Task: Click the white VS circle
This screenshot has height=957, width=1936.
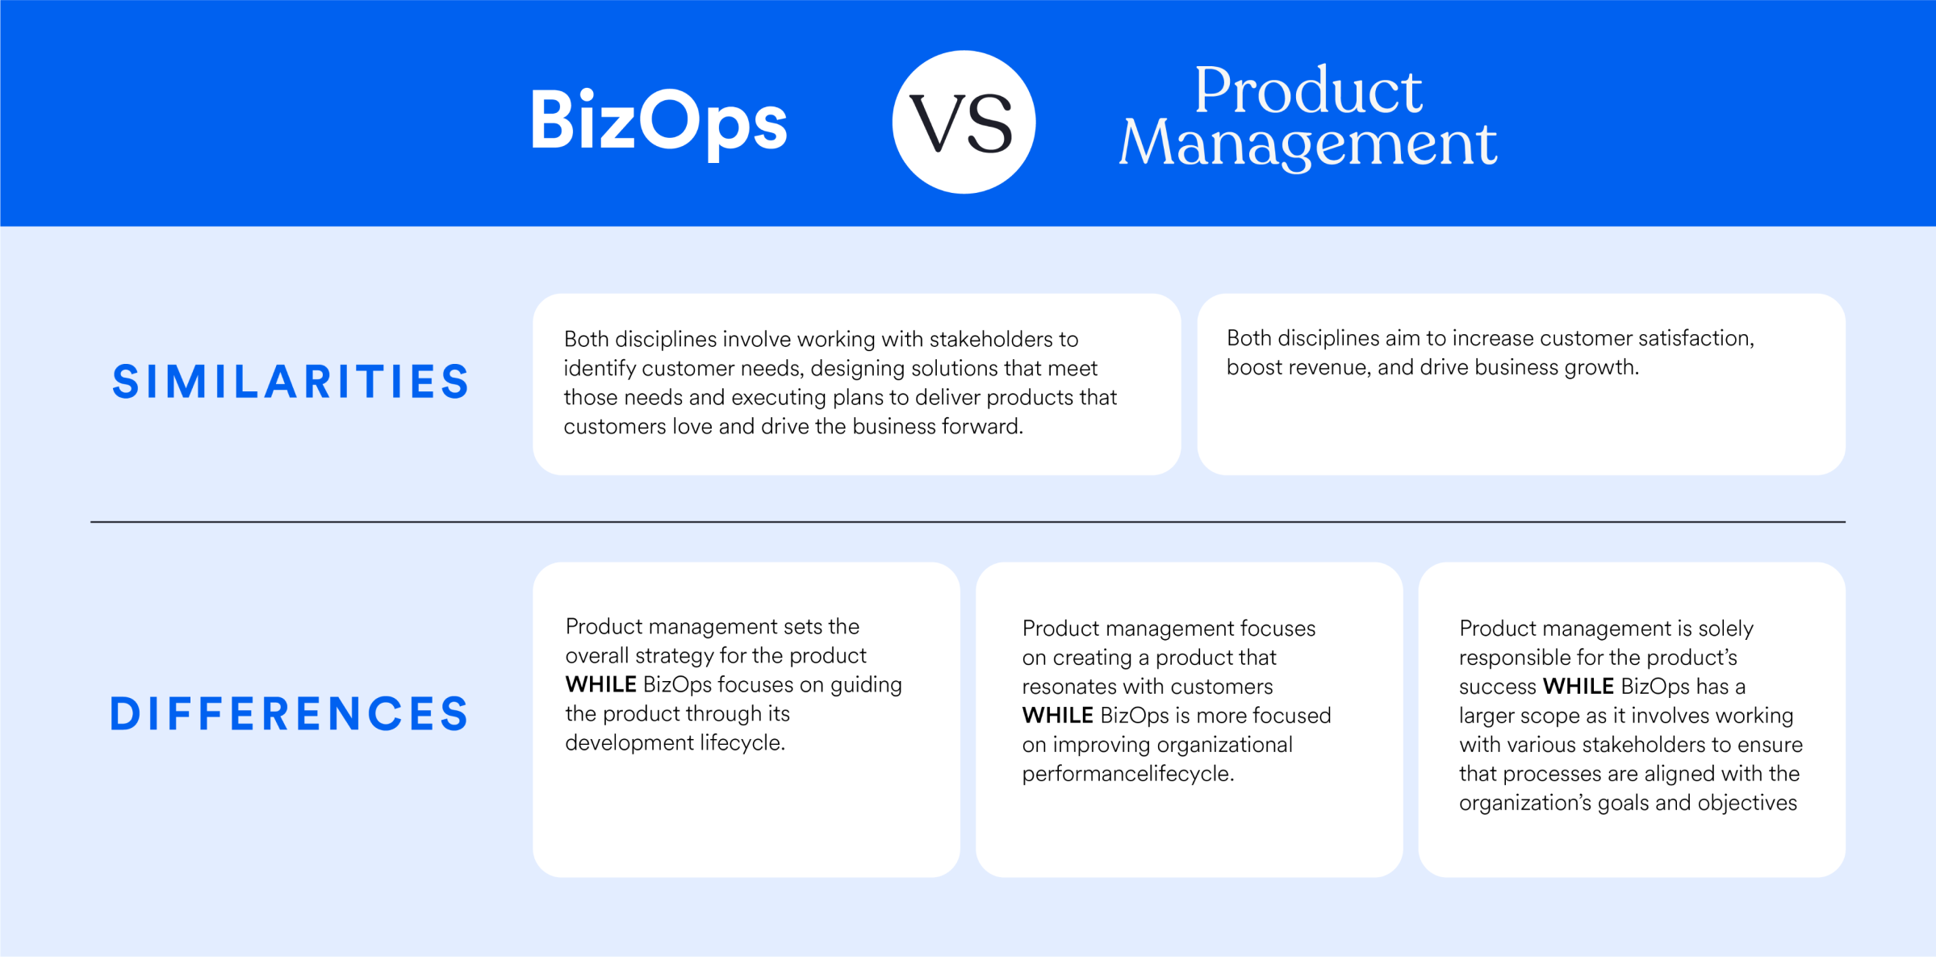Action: pyautogui.click(x=964, y=122)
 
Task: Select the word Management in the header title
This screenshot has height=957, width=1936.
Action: pyautogui.click(x=1308, y=144)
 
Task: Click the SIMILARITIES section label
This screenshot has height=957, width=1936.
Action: pyautogui.click(x=291, y=382)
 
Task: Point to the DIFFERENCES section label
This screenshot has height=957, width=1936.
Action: pyautogui.click(x=289, y=713)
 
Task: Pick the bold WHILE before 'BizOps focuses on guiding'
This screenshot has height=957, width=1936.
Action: pyautogui.click(x=601, y=684)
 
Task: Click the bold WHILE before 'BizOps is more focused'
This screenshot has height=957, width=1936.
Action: pyautogui.click(x=1058, y=715)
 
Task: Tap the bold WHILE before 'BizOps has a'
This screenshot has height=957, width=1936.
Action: pyautogui.click(x=1578, y=686)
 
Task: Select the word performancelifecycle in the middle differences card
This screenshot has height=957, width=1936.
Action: pyautogui.click(x=1128, y=774)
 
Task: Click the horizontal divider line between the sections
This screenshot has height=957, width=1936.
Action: pyautogui.click(x=968, y=522)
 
